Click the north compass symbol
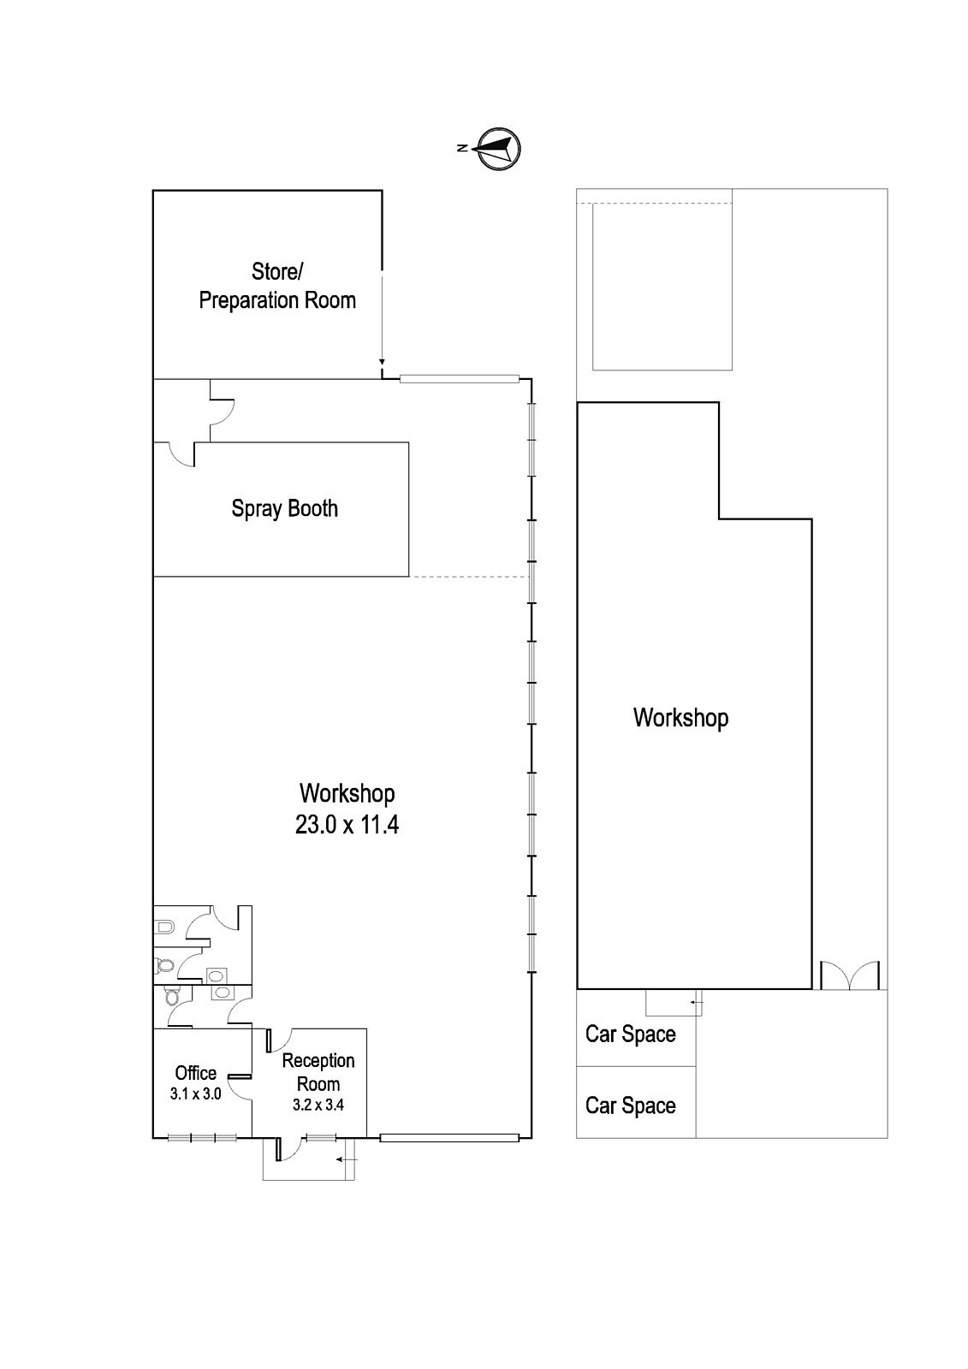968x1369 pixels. click(x=498, y=149)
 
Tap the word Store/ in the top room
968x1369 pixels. click(x=277, y=271)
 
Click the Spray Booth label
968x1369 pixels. click(x=284, y=508)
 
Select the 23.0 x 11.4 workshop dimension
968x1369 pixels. click(x=347, y=825)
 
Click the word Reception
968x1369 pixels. click(x=318, y=1060)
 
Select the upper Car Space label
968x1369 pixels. click(x=631, y=1034)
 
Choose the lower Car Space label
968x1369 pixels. click(x=631, y=1105)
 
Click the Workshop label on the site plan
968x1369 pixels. click(x=680, y=718)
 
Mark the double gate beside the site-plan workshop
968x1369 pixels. click(x=849, y=975)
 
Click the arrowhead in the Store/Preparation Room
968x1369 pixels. click(x=381, y=361)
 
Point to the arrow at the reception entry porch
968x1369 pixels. click(x=347, y=1159)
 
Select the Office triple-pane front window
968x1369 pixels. click(x=202, y=1138)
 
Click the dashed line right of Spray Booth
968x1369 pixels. click(x=468, y=577)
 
